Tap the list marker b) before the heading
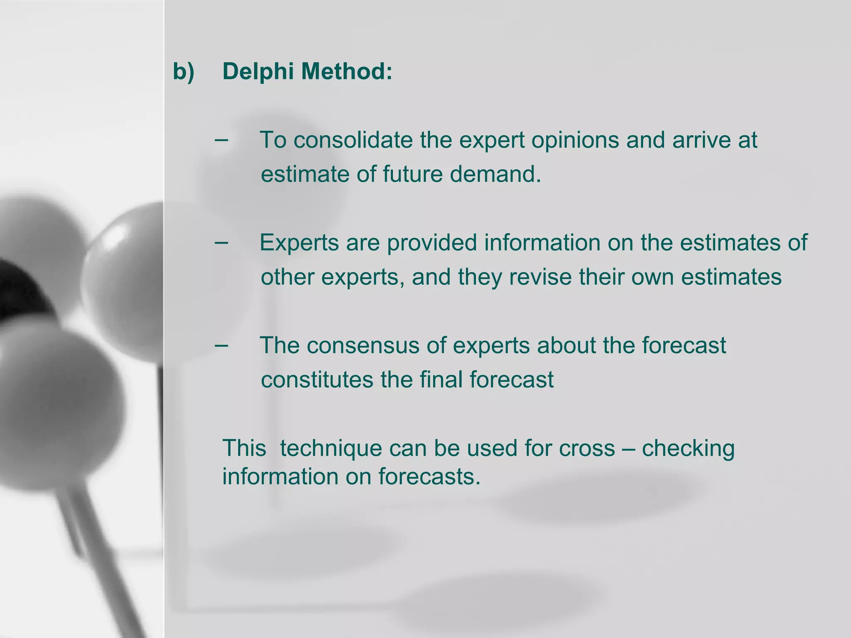[183, 71]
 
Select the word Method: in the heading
[347, 71]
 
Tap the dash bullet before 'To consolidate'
[221, 140]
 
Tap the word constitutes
[317, 380]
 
